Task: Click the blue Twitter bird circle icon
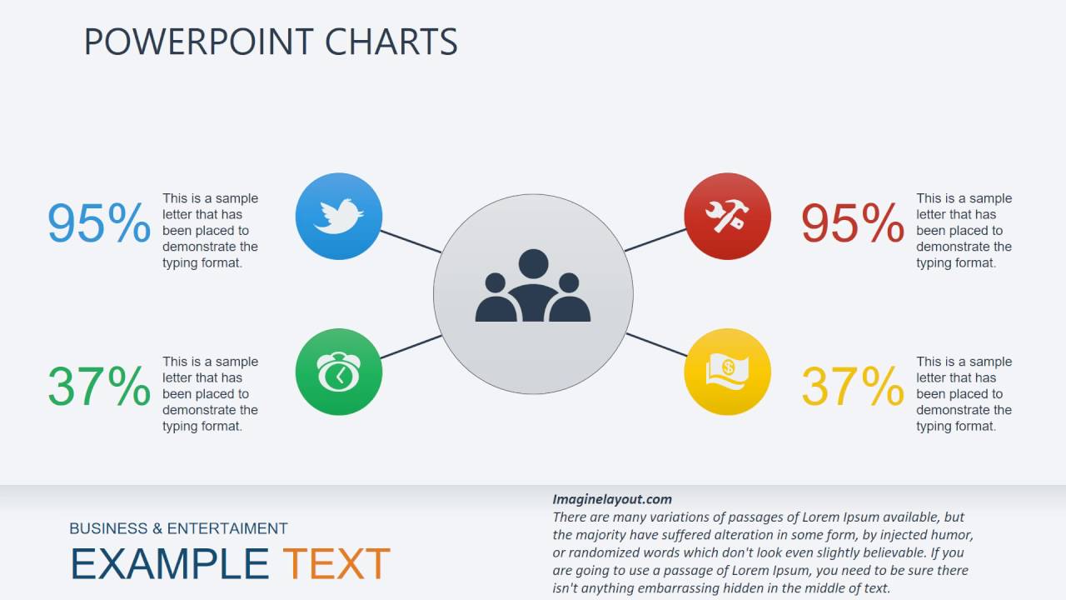coord(339,216)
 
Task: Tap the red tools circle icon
coord(727,216)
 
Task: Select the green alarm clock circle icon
coord(339,372)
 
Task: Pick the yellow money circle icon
coord(727,372)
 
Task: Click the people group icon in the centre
coord(533,287)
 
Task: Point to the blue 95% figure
coord(98,223)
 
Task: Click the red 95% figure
coord(852,223)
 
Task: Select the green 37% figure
coord(98,386)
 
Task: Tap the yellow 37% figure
coord(852,386)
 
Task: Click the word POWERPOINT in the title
coord(198,42)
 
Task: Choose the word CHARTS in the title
coord(391,42)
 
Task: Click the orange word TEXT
coord(336,564)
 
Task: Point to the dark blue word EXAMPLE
coord(169,564)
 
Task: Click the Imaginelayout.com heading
coord(611,499)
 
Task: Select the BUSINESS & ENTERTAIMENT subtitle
coord(178,528)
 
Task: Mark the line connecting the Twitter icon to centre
coord(411,242)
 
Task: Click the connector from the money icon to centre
coord(656,345)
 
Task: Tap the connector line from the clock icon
coord(411,347)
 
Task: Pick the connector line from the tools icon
coord(655,240)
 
